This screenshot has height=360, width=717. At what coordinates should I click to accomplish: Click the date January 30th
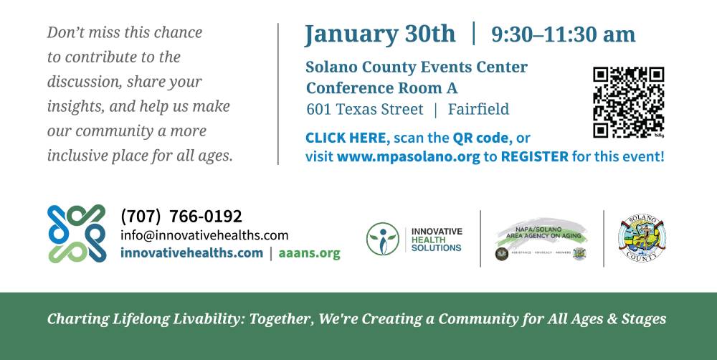(379, 34)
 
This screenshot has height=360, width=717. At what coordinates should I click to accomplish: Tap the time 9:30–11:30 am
(563, 34)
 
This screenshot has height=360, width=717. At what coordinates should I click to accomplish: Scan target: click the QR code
(628, 102)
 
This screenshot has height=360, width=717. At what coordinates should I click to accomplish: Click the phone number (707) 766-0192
(181, 216)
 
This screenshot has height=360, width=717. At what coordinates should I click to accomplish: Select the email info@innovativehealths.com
(204, 235)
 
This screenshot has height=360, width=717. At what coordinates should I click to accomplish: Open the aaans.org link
(309, 253)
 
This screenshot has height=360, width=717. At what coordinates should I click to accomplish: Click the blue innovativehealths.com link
(191, 253)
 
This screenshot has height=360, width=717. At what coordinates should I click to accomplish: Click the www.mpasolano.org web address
(409, 156)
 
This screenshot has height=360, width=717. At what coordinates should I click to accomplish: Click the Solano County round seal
(642, 240)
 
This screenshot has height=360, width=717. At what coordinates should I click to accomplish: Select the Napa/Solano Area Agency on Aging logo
(541, 240)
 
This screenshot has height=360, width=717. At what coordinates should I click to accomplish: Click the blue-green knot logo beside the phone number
(77, 233)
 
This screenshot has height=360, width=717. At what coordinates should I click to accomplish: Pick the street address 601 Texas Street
(365, 110)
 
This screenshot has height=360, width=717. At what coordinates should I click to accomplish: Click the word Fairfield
(478, 110)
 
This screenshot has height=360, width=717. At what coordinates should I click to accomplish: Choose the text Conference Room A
(381, 88)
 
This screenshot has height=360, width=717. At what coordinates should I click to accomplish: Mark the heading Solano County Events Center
(417, 67)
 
